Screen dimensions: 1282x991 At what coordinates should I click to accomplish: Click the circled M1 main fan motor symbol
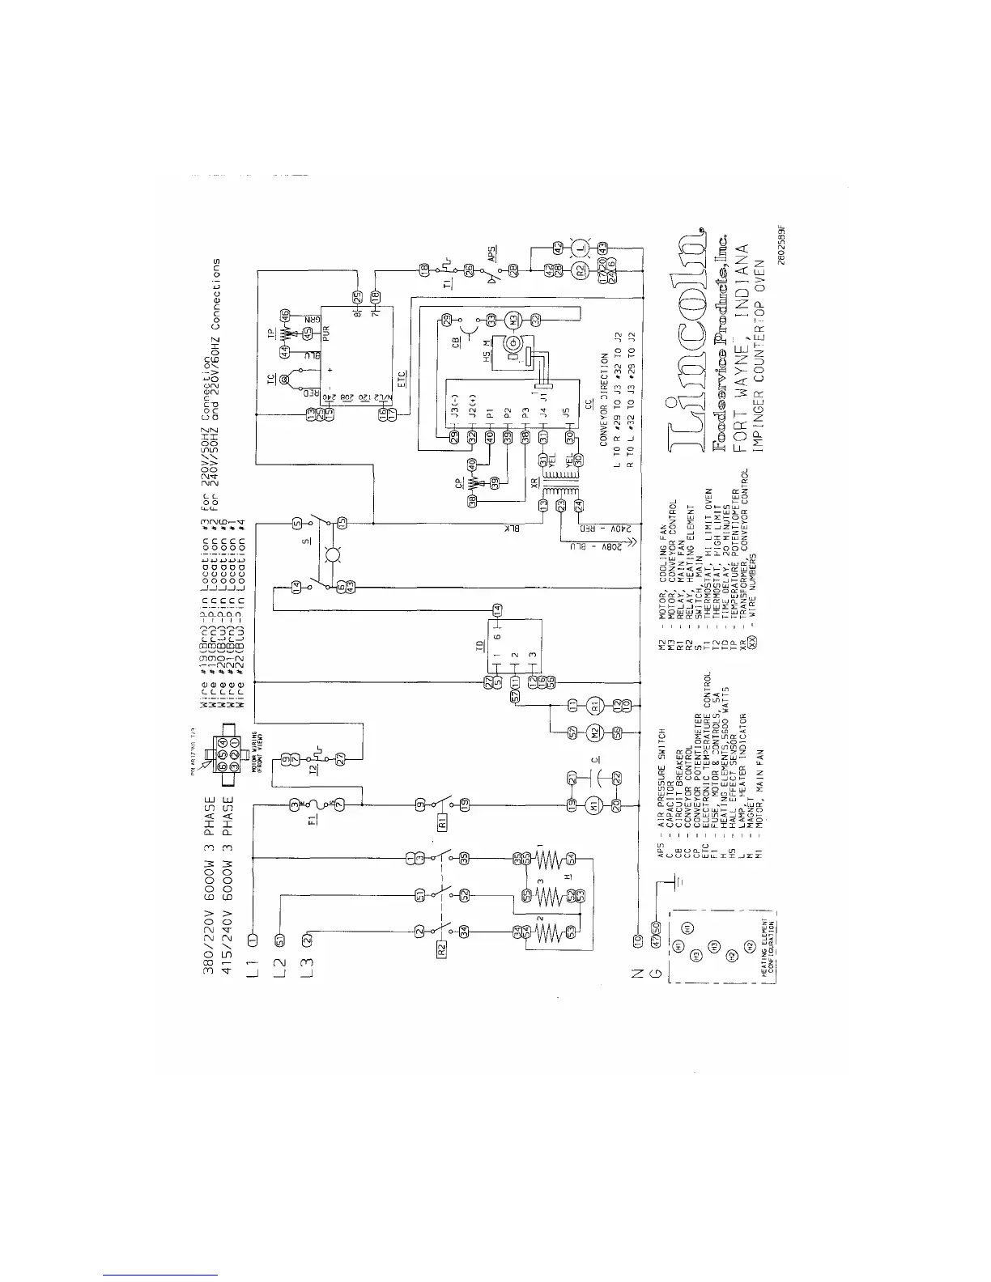click(594, 803)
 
